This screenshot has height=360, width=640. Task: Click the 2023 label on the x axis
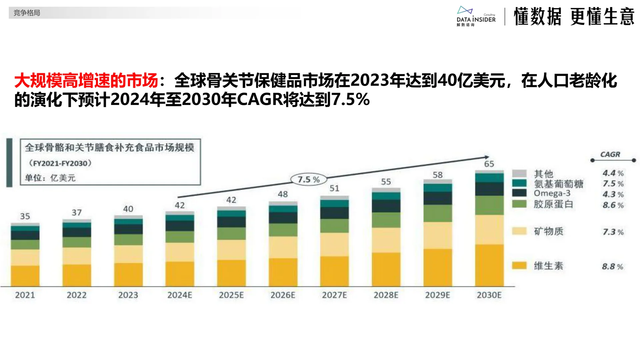tap(128, 295)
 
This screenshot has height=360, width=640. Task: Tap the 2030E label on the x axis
tap(489, 295)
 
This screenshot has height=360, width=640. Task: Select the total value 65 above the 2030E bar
tap(489, 164)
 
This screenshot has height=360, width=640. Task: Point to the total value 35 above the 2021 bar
tap(25, 216)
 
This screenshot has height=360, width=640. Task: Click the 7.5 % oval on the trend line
tap(308, 180)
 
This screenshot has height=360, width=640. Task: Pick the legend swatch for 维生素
tap(519, 266)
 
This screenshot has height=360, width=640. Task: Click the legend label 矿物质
tap(548, 231)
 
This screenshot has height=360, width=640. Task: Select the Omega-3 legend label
tap(552, 193)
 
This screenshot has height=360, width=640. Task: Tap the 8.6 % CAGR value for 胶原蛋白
tap(613, 205)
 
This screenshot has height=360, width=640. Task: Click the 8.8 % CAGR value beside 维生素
tap(612, 267)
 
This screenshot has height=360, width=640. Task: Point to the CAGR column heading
tap(610, 155)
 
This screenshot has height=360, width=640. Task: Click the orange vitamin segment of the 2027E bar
tap(334, 271)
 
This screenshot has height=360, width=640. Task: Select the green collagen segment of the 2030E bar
tap(489, 205)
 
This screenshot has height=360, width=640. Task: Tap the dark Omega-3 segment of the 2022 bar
tap(77, 232)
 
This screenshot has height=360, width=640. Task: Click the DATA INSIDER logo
tap(476, 17)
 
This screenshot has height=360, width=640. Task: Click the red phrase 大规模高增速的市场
tap(86, 81)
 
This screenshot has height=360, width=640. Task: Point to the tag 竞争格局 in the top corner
tap(27, 13)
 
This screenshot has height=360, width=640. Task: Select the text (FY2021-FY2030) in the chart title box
tap(60, 163)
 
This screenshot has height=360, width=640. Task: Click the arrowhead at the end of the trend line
tap(487, 157)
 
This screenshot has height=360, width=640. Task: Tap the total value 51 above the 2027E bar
tap(334, 188)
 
